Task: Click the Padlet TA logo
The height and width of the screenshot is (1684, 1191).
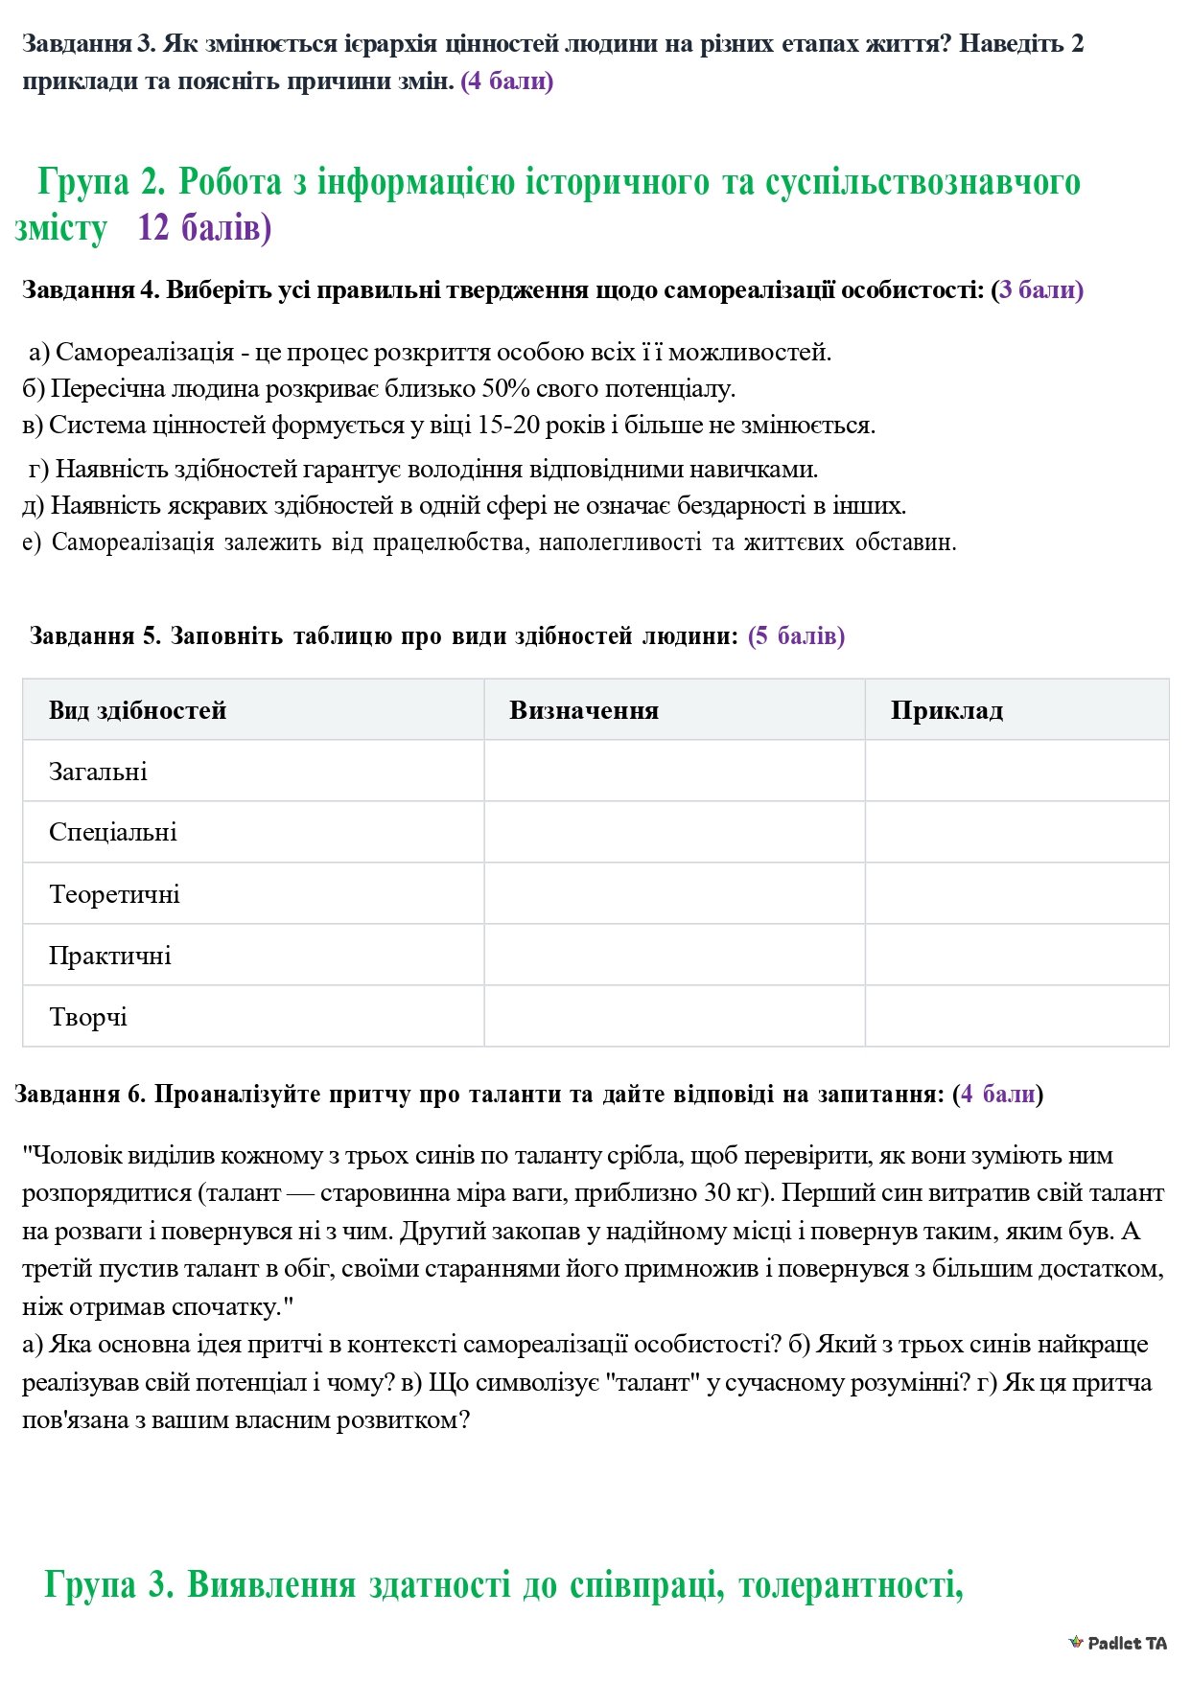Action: tap(1118, 1643)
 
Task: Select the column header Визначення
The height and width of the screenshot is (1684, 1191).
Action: tap(583, 710)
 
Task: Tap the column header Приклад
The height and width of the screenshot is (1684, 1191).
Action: tap(946, 710)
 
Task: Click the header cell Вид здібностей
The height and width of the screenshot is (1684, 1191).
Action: tap(137, 710)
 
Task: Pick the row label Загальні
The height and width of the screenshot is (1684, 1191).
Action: tap(98, 772)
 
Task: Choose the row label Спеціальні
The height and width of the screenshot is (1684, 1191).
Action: tap(113, 832)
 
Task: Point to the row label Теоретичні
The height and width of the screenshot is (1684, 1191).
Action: tap(114, 894)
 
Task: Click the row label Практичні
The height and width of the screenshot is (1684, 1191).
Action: tap(109, 956)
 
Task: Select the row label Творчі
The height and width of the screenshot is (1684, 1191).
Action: tap(87, 1017)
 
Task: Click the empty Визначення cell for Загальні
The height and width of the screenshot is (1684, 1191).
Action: tap(674, 771)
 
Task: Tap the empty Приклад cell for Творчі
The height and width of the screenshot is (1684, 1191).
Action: tap(1016, 1016)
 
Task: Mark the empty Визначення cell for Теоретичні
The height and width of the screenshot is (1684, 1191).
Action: tap(674, 893)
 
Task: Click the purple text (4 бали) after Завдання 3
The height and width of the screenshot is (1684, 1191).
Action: tap(507, 81)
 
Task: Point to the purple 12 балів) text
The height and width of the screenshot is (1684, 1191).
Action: tap(204, 228)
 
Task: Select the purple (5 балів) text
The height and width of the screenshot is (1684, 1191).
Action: tap(796, 635)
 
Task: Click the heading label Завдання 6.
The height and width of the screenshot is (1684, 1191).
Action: tap(81, 1094)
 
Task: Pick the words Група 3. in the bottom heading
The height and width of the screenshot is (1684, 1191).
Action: tap(108, 1583)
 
